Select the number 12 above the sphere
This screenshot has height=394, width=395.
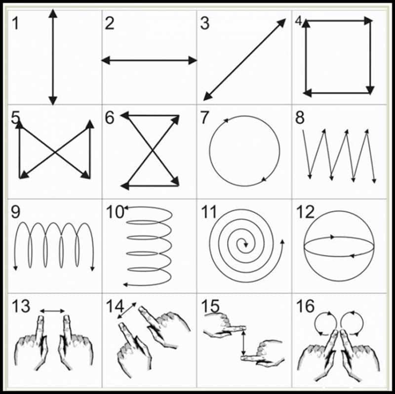click(x=305, y=213)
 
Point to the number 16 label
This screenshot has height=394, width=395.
click(x=306, y=306)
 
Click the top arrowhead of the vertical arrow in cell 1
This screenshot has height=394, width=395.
click(x=53, y=13)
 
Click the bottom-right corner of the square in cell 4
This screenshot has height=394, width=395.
click(x=370, y=91)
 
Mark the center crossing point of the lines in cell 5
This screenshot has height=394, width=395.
click(x=54, y=150)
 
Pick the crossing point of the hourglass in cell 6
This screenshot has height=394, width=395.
click(x=150, y=150)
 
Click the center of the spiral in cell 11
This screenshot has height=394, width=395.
click(x=243, y=242)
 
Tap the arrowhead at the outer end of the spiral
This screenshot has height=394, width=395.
click(x=282, y=242)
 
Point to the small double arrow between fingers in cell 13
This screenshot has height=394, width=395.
click(x=52, y=311)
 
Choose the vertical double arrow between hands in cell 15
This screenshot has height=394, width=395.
click(x=242, y=343)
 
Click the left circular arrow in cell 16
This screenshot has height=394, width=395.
click(x=323, y=322)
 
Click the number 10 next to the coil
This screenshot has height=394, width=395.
click(x=115, y=212)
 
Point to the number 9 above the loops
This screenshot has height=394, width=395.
click(x=15, y=213)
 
